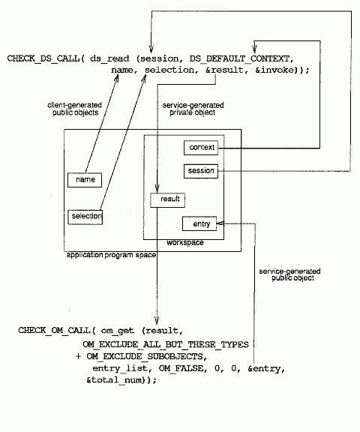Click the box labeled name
tap(85, 180)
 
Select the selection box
tap(85, 217)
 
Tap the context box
tap(201, 148)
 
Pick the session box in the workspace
tap(201, 171)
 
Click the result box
tap(168, 200)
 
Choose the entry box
tap(199, 223)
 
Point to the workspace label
tap(185, 243)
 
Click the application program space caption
tap(111, 255)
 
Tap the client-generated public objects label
tap(75, 109)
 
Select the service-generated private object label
tap(193, 109)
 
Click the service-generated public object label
tap(289, 274)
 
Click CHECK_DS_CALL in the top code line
tap(43, 58)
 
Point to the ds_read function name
tap(109, 58)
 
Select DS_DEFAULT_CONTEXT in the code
tap(240, 58)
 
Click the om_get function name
tap(117, 330)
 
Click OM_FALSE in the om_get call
tap(181, 368)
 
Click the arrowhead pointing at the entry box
tap(220, 223)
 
